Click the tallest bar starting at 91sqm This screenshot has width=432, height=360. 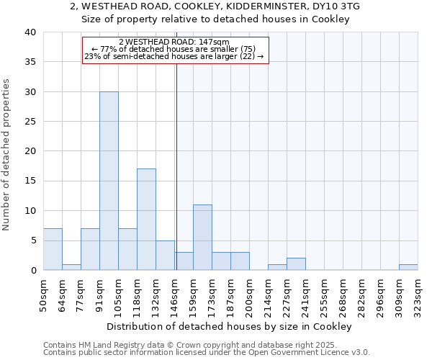pyautogui.click(x=109, y=181)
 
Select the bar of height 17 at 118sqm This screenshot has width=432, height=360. pyautogui.click(x=146, y=220)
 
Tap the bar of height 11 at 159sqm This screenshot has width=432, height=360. pyautogui.click(x=202, y=238)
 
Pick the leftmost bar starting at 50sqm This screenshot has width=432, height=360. pyautogui.click(x=53, y=249)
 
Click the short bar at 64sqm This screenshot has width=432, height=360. pyautogui.click(x=71, y=267)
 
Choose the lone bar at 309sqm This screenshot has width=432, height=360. pyautogui.click(x=408, y=267)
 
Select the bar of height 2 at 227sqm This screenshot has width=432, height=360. pyautogui.click(x=296, y=264)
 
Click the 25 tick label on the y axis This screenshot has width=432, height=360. pyautogui.click(x=30, y=122)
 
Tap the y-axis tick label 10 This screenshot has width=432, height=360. pyautogui.click(x=30, y=211)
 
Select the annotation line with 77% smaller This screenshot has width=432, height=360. pyautogui.click(x=174, y=49)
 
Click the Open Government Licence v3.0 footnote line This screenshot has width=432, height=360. pyautogui.click(x=207, y=352)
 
